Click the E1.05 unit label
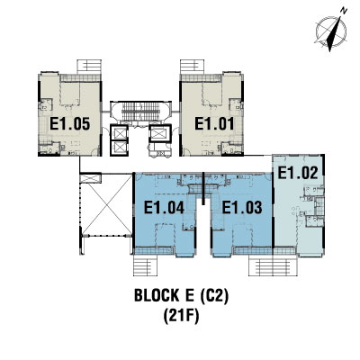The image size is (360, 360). pos(69,123)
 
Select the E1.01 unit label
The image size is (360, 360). pos(214,123)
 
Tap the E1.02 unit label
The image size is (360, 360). pos(297,173)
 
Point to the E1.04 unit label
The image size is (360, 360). pos(164,207)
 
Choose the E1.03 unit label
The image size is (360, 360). pos(242,207)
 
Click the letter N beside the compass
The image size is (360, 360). pos(344,11)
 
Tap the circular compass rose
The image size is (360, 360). pos(331,31)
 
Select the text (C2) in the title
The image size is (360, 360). pos(214,295)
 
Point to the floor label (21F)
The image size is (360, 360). pos(181,316)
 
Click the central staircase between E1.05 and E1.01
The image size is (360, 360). pos(141,112)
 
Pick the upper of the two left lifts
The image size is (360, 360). pos(120,132)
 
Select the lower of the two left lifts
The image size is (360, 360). pos(120,148)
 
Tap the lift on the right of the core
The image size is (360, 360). pos(159,133)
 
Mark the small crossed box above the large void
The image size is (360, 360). pos(91,178)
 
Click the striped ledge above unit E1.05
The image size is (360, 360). pos(89,67)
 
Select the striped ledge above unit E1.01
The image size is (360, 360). pos(192,67)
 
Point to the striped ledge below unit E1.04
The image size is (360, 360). pos(145,265)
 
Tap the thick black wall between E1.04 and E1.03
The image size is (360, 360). pos(203,188)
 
